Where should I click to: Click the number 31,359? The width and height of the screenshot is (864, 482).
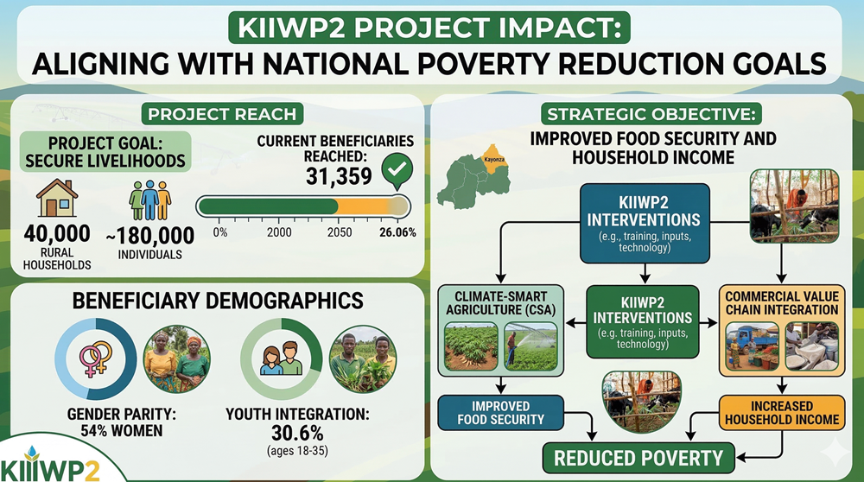[340, 176]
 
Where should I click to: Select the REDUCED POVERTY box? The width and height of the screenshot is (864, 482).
[638, 458]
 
